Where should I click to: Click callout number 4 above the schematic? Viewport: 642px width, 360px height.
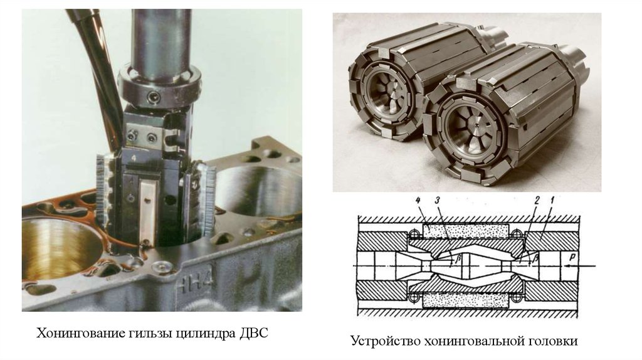418,201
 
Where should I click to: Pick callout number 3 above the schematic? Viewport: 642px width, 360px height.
437,201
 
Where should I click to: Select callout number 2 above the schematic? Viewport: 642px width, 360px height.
537,201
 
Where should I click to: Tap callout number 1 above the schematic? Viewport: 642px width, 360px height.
552,201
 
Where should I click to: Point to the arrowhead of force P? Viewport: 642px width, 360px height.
566,266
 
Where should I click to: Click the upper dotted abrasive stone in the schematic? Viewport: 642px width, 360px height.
466,231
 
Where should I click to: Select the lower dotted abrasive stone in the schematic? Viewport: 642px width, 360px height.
466,301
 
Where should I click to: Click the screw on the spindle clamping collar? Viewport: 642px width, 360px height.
153,97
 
